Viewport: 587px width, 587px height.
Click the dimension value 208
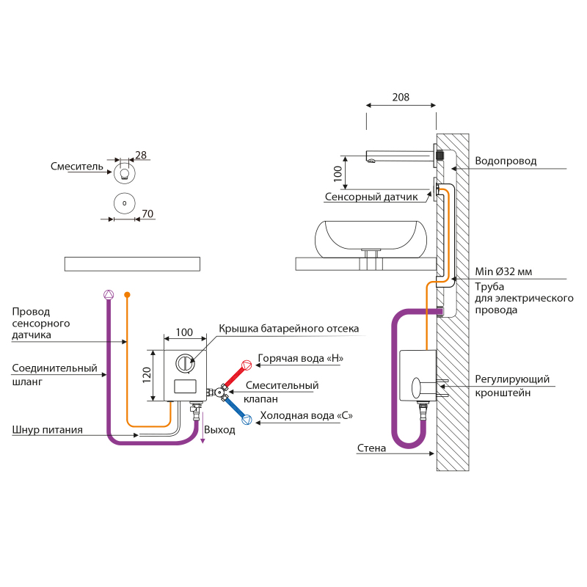tap(401, 97)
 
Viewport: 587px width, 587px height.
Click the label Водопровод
tap(506, 161)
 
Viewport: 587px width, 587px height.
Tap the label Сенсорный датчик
tap(371, 197)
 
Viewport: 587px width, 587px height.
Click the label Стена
tap(371, 448)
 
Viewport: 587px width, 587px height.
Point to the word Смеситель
tap(77, 167)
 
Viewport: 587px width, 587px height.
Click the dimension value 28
tap(141, 155)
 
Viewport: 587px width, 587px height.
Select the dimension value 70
tap(147, 214)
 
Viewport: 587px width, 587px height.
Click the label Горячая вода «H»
tap(300, 359)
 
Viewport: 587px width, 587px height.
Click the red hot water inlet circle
tap(247, 362)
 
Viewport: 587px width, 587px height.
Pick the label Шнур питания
tap(47, 429)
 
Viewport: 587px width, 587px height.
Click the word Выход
tap(220, 429)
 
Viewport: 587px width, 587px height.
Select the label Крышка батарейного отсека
tap(288, 329)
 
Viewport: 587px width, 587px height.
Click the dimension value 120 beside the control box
tap(147, 375)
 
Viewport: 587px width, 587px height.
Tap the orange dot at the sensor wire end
tap(127, 294)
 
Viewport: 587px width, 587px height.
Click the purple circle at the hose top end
tap(109, 294)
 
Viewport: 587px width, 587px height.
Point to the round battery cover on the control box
tap(184, 360)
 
